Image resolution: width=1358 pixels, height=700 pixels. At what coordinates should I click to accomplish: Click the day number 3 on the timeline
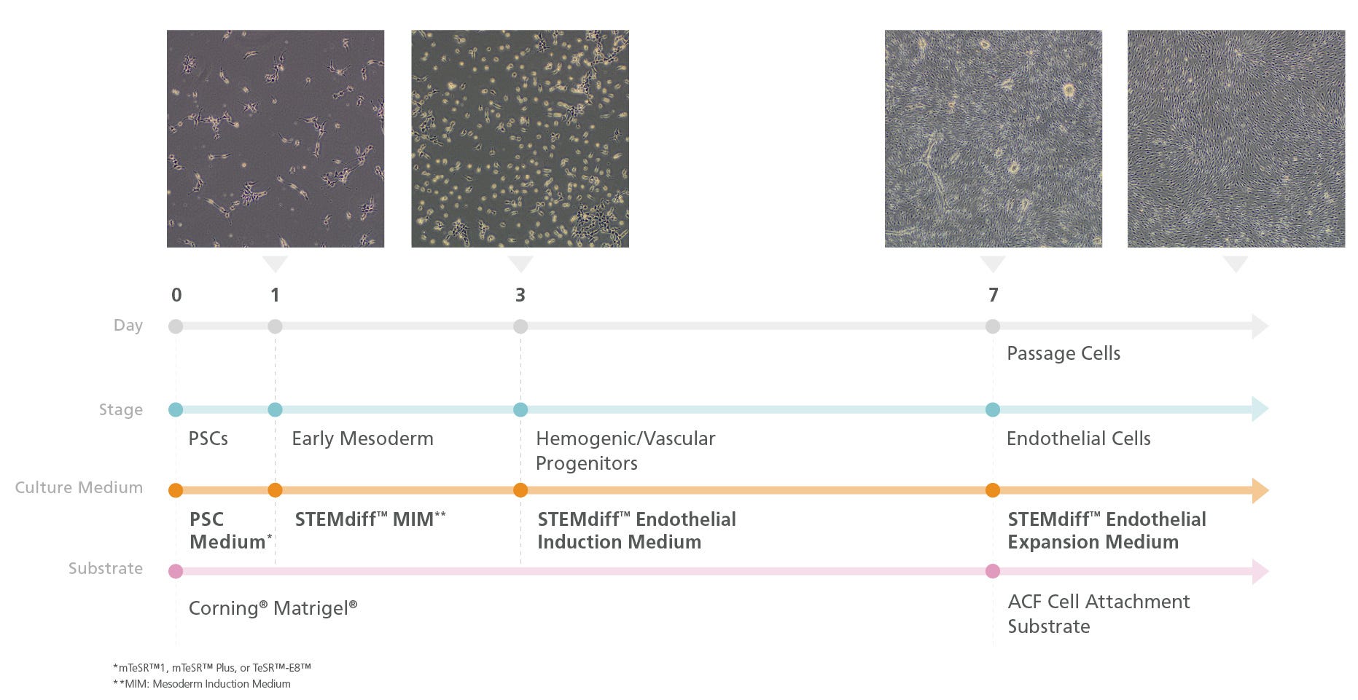tap(520, 295)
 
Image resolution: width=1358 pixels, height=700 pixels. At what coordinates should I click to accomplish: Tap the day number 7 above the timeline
tap(993, 295)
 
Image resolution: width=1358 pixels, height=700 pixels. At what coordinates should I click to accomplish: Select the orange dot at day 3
tap(520, 490)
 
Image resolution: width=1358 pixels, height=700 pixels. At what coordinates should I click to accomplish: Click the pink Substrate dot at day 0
tap(176, 571)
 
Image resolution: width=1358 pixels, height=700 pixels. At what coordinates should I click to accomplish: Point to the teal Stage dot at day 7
tap(993, 409)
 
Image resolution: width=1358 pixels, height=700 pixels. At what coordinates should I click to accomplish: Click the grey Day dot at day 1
tap(275, 326)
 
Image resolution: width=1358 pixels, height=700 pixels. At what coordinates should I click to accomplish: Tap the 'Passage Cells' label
tap(1064, 354)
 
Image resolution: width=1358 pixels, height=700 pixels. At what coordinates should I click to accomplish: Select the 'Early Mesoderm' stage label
tap(362, 439)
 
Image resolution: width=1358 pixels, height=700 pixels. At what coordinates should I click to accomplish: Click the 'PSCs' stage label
tap(208, 439)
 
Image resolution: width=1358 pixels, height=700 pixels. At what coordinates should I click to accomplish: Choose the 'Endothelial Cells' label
tap(1078, 439)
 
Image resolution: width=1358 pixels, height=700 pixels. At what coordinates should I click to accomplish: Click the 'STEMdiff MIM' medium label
tap(370, 519)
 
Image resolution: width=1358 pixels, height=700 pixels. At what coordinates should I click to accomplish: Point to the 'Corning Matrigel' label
tap(273, 608)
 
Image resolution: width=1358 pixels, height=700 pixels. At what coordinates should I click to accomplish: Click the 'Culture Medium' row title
tap(79, 487)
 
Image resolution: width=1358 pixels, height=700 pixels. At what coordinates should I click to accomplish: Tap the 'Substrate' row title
tap(106, 568)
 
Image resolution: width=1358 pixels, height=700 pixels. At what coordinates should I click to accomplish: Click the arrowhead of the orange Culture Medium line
tap(1260, 490)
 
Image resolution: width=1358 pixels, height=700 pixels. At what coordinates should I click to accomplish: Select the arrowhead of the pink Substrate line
tap(1260, 571)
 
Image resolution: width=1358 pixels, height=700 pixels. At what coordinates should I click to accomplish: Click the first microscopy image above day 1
tap(276, 138)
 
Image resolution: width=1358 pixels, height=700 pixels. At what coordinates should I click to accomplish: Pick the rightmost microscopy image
tap(1236, 138)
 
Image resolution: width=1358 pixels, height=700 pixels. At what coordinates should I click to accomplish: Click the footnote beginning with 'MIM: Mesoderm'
tap(202, 684)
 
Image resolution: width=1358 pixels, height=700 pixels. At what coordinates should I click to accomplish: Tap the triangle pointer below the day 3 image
tap(520, 263)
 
